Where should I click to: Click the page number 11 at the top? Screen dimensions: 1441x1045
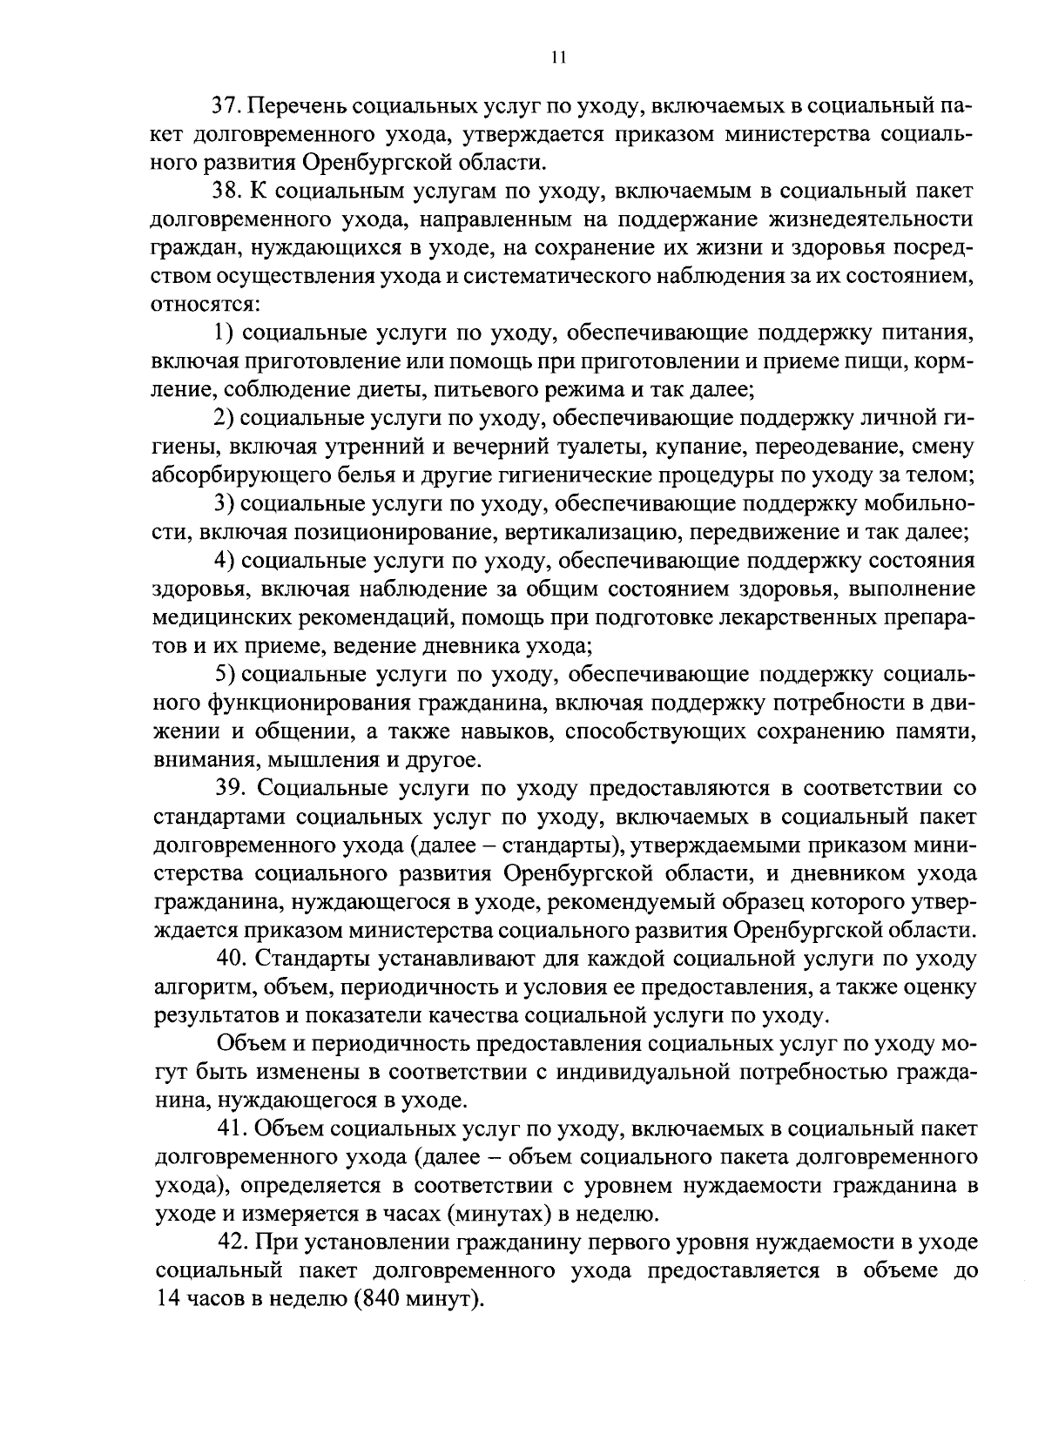(x=558, y=57)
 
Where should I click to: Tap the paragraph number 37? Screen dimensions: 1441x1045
(x=228, y=106)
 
